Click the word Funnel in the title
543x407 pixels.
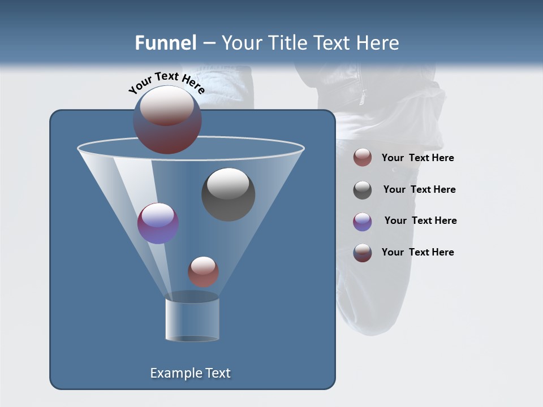click(x=165, y=43)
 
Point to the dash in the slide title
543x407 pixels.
click(x=208, y=44)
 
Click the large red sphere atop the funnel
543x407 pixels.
click(x=167, y=120)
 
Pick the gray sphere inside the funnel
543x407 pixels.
click(x=228, y=194)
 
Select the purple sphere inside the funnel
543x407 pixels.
click(x=158, y=223)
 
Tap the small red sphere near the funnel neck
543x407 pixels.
click(x=203, y=271)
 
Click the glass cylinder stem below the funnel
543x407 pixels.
click(x=192, y=319)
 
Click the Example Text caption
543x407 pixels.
click(x=190, y=373)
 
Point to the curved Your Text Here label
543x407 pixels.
click(x=167, y=82)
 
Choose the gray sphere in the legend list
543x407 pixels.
click(x=363, y=190)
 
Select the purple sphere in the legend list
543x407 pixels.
click(x=363, y=222)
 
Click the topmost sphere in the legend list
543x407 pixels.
click(x=363, y=158)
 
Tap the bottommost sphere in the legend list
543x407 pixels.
click(x=363, y=253)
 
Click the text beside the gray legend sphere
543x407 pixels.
click(x=419, y=189)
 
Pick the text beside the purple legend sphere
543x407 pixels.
click(x=420, y=220)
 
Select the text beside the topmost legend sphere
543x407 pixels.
click(x=417, y=158)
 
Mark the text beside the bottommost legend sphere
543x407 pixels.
click(x=417, y=252)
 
